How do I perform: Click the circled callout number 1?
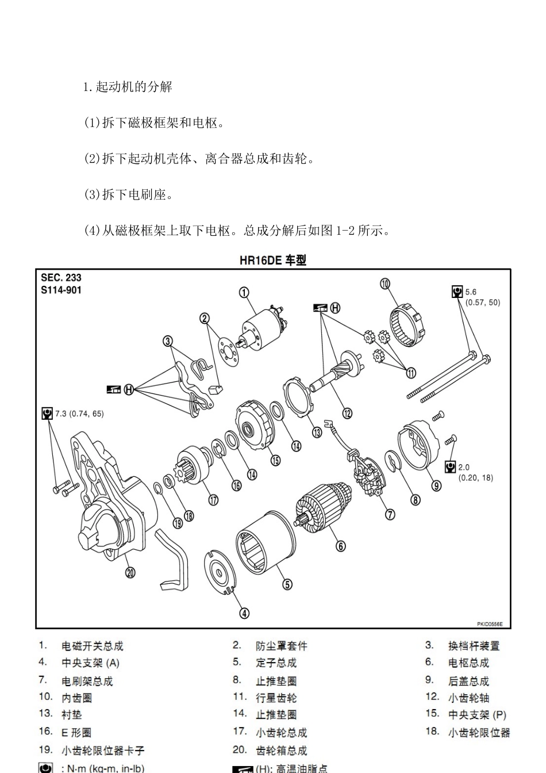(x=244, y=292)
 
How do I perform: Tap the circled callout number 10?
(x=385, y=283)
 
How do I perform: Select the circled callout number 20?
(x=130, y=572)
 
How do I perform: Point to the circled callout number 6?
(x=341, y=546)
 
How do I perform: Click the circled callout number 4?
(x=244, y=613)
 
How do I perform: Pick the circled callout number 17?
(x=213, y=500)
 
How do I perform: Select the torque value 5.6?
(x=471, y=292)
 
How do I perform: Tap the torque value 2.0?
(x=464, y=467)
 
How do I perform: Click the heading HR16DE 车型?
(x=273, y=261)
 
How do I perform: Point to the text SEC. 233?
(x=61, y=278)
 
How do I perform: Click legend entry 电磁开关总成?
(x=93, y=646)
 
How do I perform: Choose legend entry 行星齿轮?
(x=276, y=698)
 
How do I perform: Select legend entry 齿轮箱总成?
(x=281, y=750)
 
